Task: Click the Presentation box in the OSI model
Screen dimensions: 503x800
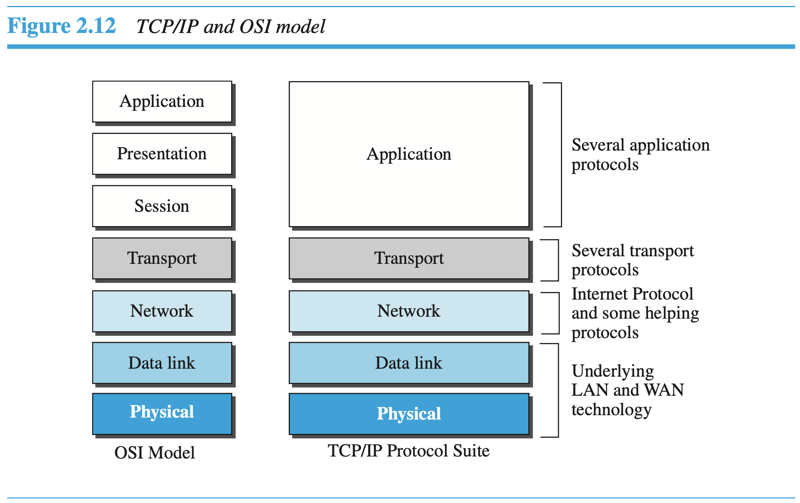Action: click(x=162, y=154)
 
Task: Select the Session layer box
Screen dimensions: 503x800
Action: click(x=162, y=206)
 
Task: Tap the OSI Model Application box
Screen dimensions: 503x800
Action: click(x=162, y=101)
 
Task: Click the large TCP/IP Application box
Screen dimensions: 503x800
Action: click(x=409, y=154)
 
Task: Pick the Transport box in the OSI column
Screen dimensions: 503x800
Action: click(x=162, y=258)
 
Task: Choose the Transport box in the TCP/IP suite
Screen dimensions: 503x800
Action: click(x=409, y=258)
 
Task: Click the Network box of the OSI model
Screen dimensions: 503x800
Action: click(x=162, y=311)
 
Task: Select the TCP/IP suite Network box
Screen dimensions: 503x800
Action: click(x=409, y=311)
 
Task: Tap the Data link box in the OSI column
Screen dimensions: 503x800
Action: click(x=162, y=363)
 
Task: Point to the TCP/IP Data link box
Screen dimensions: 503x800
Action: click(x=409, y=363)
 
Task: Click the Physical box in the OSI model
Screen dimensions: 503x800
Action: click(x=162, y=413)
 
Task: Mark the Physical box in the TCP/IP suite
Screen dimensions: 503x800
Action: click(x=409, y=414)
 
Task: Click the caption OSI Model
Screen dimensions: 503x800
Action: click(x=155, y=453)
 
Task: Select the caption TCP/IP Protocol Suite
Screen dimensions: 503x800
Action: click(x=408, y=451)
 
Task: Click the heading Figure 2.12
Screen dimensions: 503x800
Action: click(x=62, y=26)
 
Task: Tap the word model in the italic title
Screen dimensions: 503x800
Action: click(x=301, y=27)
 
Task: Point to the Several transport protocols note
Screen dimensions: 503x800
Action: click(x=632, y=260)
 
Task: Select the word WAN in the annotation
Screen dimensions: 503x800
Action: click(x=664, y=390)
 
